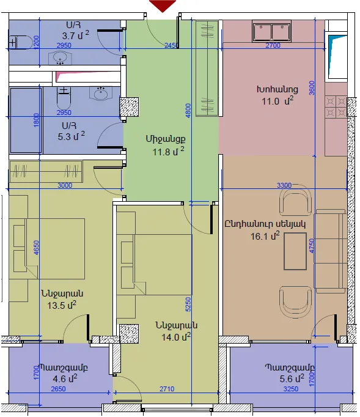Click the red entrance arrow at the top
click(x=163, y=6)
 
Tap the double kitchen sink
click(x=271, y=32)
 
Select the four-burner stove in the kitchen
click(x=336, y=106)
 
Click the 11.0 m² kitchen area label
click(x=277, y=101)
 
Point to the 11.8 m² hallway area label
click(x=168, y=151)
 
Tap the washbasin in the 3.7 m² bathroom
click(x=60, y=57)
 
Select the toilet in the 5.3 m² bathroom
click(x=64, y=98)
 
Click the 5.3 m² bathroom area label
click(x=72, y=136)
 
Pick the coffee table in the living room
click(x=295, y=251)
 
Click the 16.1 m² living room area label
click(x=265, y=235)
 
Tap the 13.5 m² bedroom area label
click(x=62, y=304)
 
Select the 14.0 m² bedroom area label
click(x=176, y=337)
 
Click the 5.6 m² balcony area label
click(x=292, y=378)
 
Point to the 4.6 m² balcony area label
click(x=65, y=378)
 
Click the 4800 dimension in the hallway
click(x=188, y=111)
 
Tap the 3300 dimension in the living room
click(x=284, y=185)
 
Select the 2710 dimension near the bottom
click(x=167, y=389)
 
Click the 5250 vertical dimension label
click(x=188, y=304)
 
